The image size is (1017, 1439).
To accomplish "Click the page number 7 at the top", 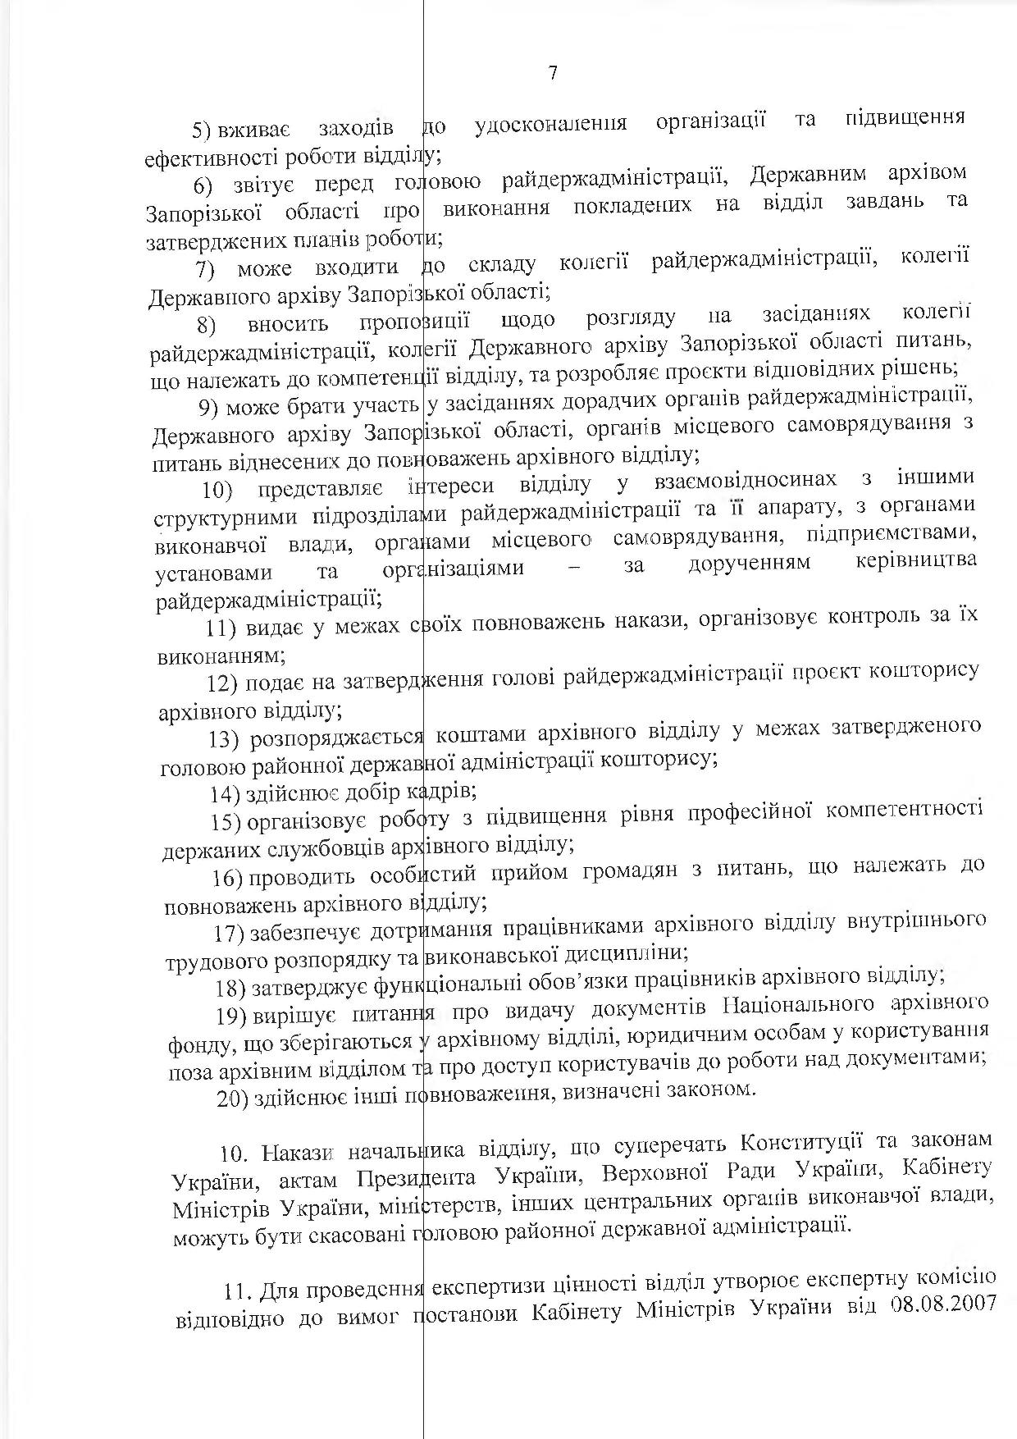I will tap(552, 73).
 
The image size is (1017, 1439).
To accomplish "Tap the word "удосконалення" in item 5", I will tap(551, 124).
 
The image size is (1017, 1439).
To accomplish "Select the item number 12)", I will tap(222, 683).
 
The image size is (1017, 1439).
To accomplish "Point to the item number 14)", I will tap(224, 793).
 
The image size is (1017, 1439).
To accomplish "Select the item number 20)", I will tap(230, 1098).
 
